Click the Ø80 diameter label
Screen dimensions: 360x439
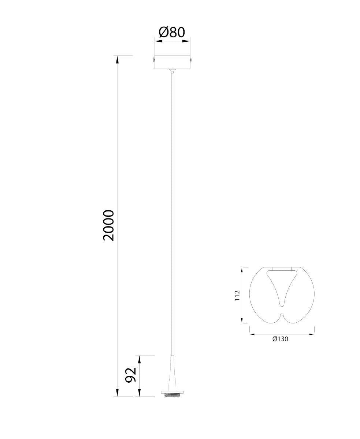[x=172, y=33]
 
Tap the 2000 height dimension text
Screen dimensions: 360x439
[x=109, y=226]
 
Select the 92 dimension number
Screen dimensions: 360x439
[x=131, y=375]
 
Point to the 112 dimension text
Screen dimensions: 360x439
[x=237, y=295]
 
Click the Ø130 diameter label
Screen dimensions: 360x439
[x=280, y=339]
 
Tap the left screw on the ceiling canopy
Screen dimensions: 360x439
[x=153, y=60]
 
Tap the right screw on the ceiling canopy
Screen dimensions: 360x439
[x=191, y=60]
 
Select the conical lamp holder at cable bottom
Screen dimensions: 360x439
[x=172, y=374]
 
